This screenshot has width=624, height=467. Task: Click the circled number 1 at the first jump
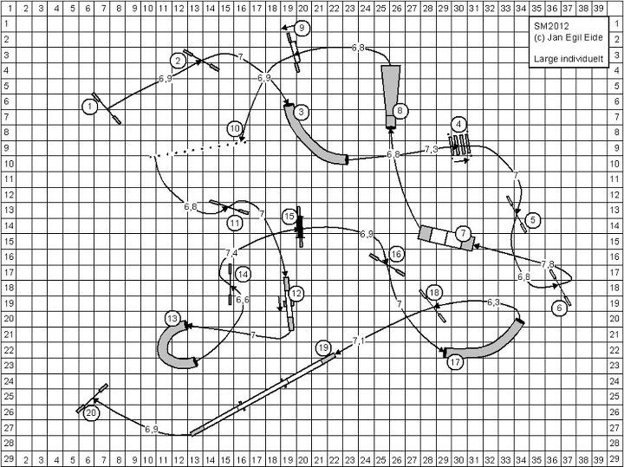coord(90,107)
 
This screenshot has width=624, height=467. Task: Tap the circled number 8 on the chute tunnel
coord(400,111)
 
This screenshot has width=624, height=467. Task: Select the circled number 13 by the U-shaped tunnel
coord(172,319)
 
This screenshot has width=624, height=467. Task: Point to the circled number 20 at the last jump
coord(91,413)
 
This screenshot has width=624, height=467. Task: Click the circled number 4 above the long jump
coord(458,124)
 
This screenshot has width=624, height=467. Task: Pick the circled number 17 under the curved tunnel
coord(455,362)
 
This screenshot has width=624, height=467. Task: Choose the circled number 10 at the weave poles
coord(235,128)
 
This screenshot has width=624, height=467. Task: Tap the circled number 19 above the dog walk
coord(323,348)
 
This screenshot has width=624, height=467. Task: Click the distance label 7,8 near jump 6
coord(548,264)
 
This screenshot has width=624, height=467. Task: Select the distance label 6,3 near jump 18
coord(493,302)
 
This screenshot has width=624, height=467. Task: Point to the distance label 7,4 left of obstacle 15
coord(231,253)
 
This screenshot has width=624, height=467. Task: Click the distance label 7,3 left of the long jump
coord(432,149)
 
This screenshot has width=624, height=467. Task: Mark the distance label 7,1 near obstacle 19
coord(358,341)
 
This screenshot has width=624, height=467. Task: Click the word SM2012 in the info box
coord(551,26)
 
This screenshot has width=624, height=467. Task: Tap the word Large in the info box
coord(546,59)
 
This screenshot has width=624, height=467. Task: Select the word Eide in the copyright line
coord(595,37)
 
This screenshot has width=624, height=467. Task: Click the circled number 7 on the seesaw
coord(463,234)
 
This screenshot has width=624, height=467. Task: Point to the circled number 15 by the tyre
coord(289,217)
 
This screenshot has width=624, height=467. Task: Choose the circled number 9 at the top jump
coord(302,28)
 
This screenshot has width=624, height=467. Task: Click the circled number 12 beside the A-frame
coord(296,294)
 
